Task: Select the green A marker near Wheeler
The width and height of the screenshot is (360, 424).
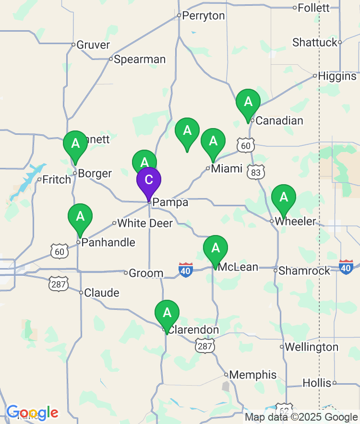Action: point(284,198)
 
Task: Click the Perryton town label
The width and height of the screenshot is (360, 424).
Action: point(204,16)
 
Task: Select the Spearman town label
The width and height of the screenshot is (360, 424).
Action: point(140,59)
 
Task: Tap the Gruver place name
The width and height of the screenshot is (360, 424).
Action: point(94,45)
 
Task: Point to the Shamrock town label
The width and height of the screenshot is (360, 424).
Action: point(304,271)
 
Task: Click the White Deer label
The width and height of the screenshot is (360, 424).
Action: point(145,223)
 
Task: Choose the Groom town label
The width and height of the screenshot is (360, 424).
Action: point(146,273)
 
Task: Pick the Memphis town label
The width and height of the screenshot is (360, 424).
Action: point(253,375)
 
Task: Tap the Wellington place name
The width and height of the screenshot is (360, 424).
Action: point(312,347)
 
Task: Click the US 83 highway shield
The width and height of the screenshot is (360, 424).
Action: point(255,172)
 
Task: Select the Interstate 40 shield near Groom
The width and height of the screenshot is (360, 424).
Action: point(186,270)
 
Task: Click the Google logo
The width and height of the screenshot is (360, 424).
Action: point(32,412)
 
